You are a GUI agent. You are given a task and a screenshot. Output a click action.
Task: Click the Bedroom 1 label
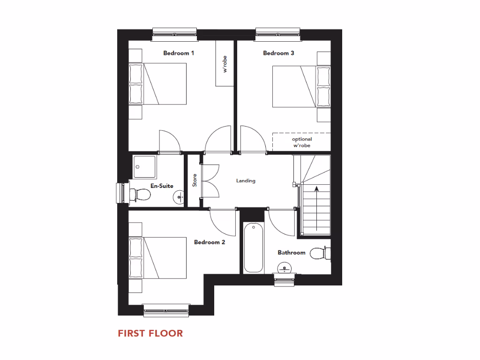(x=179, y=53)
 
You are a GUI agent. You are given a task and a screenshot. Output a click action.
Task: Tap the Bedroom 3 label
(x=278, y=53)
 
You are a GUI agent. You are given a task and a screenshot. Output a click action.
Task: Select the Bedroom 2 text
(x=210, y=242)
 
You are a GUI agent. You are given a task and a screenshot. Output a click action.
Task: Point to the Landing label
(x=246, y=180)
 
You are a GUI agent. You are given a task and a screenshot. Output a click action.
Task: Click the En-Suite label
(x=162, y=186)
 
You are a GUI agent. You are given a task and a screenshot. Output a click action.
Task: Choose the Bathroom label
(x=291, y=253)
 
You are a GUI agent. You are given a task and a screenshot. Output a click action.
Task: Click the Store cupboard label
(x=195, y=180)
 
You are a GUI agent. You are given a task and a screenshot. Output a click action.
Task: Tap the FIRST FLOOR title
(x=150, y=333)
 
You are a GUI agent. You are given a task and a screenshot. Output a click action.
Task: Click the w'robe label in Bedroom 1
(x=225, y=64)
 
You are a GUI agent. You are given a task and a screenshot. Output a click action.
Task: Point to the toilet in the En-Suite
(x=138, y=194)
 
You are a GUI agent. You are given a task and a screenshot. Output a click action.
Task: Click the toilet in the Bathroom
(x=321, y=254)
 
